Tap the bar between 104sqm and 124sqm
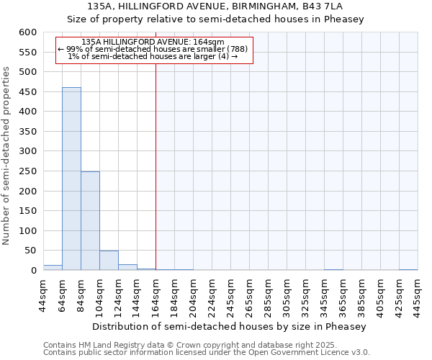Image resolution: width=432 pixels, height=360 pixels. click(x=109, y=261)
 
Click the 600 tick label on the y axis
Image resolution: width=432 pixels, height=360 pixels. click(x=27, y=32)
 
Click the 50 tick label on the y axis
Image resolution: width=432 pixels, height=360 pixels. click(x=30, y=251)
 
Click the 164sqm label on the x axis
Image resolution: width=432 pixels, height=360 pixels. click(x=156, y=293)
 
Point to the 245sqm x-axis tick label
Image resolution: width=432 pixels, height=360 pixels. click(x=230, y=293)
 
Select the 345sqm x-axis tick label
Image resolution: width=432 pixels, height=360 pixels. click(x=324, y=293)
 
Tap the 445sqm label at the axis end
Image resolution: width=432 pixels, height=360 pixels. click(x=418, y=293)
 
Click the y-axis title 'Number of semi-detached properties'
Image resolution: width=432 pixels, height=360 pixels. click(x=6, y=156)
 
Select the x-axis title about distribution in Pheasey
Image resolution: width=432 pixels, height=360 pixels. click(x=230, y=326)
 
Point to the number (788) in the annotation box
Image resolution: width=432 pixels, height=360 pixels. click(x=238, y=49)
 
